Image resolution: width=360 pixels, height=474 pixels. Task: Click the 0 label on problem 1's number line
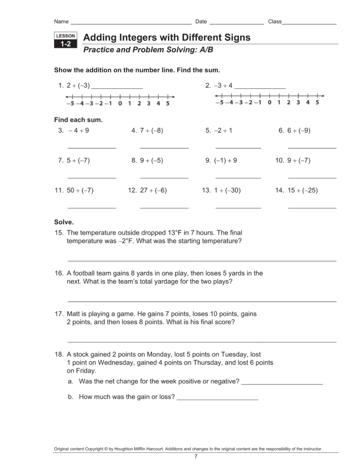point(120,104)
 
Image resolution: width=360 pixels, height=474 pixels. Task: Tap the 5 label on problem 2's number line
point(317,103)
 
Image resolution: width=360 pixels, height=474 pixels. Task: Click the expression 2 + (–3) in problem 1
point(78,86)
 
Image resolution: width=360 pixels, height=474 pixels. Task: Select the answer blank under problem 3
point(92,148)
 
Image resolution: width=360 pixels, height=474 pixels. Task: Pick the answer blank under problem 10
point(312,177)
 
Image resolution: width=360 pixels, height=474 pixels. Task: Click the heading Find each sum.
point(78,120)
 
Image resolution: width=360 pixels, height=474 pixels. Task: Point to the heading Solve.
point(64,222)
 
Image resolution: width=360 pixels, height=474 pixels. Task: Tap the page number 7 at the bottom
point(196,457)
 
